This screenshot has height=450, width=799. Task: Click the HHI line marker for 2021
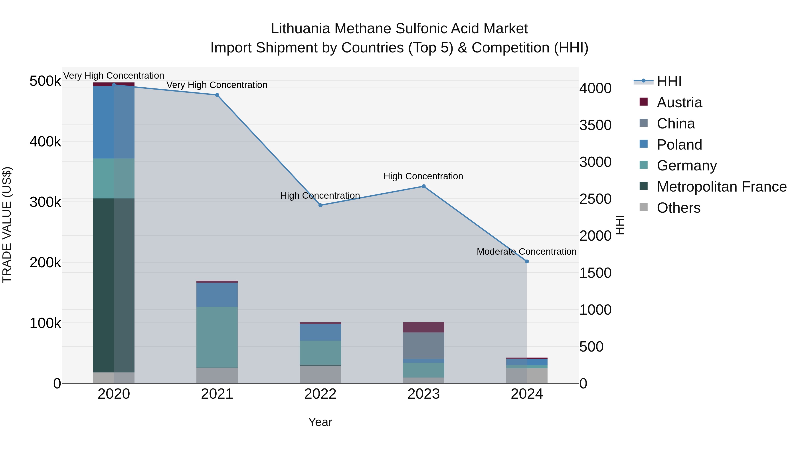click(217, 95)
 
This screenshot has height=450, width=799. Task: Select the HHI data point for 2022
click(320, 205)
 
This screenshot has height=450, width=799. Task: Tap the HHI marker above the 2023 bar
click(423, 186)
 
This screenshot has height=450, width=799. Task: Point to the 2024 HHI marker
click(527, 262)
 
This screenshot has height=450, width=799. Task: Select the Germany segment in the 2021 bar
click(217, 337)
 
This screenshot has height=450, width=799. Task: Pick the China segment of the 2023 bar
click(423, 346)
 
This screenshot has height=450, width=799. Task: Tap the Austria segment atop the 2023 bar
click(423, 327)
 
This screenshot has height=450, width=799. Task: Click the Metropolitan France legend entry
click(722, 187)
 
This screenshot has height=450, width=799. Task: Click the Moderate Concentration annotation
click(526, 252)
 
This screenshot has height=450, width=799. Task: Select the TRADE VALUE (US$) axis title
click(7, 225)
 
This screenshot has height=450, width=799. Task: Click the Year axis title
click(320, 422)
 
